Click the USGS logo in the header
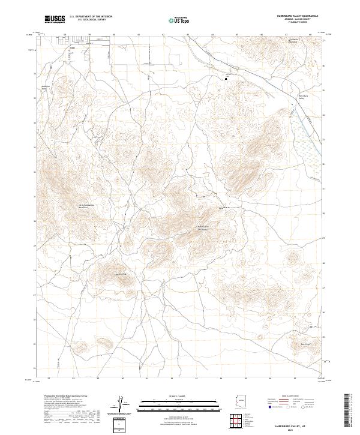[55, 19]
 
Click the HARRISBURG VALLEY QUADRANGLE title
[301, 16]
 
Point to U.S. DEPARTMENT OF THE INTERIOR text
[91, 17]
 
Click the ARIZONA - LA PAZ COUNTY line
[301, 19]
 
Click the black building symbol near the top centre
[226, 78]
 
